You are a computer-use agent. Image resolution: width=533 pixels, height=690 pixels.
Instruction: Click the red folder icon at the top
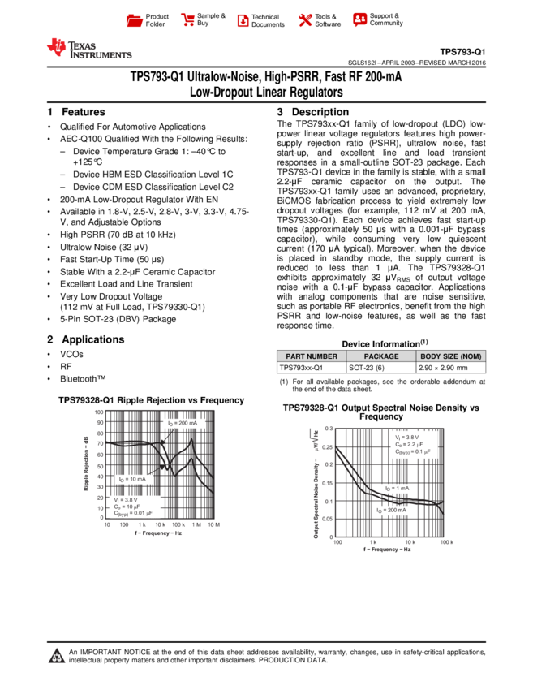click(x=135, y=21)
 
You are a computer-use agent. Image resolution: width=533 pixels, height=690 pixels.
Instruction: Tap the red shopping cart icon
click(x=188, y=20)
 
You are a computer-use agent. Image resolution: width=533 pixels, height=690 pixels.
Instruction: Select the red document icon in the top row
click(x=243, y=21)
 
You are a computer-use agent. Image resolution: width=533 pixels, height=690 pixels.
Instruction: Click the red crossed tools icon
click(x=305, y=20)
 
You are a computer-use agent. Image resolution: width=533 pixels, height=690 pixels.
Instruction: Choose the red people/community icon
click(x=360, y=19)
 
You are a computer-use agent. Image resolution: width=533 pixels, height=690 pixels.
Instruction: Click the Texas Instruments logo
click(x=88, y=49)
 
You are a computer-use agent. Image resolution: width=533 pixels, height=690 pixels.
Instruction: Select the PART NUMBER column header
click(x=312, y=356)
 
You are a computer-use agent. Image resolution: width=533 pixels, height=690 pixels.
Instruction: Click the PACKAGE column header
click(x=381, y=356)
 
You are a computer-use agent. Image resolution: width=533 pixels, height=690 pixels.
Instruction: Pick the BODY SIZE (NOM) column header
click(x=451, y=356)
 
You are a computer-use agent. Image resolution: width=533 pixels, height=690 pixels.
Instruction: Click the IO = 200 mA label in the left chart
click(x=183, y=424)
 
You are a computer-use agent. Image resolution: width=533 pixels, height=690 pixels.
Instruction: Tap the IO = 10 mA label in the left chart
click(x=133, y=479)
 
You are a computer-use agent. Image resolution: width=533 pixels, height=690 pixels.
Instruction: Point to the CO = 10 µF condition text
click(x=127, y=507)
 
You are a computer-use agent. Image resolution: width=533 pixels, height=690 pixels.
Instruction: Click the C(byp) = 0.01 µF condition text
click(x=133, y=513)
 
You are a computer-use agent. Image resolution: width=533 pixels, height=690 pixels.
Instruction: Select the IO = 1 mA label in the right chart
click(x=398, y=489)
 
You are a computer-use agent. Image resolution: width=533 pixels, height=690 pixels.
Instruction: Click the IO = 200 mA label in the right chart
click(x=393, y=510)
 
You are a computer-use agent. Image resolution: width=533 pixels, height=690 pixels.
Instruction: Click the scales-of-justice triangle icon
click(x=57, y=656)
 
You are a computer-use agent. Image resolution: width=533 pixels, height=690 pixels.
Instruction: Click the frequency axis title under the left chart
click(x=159, y=533)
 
